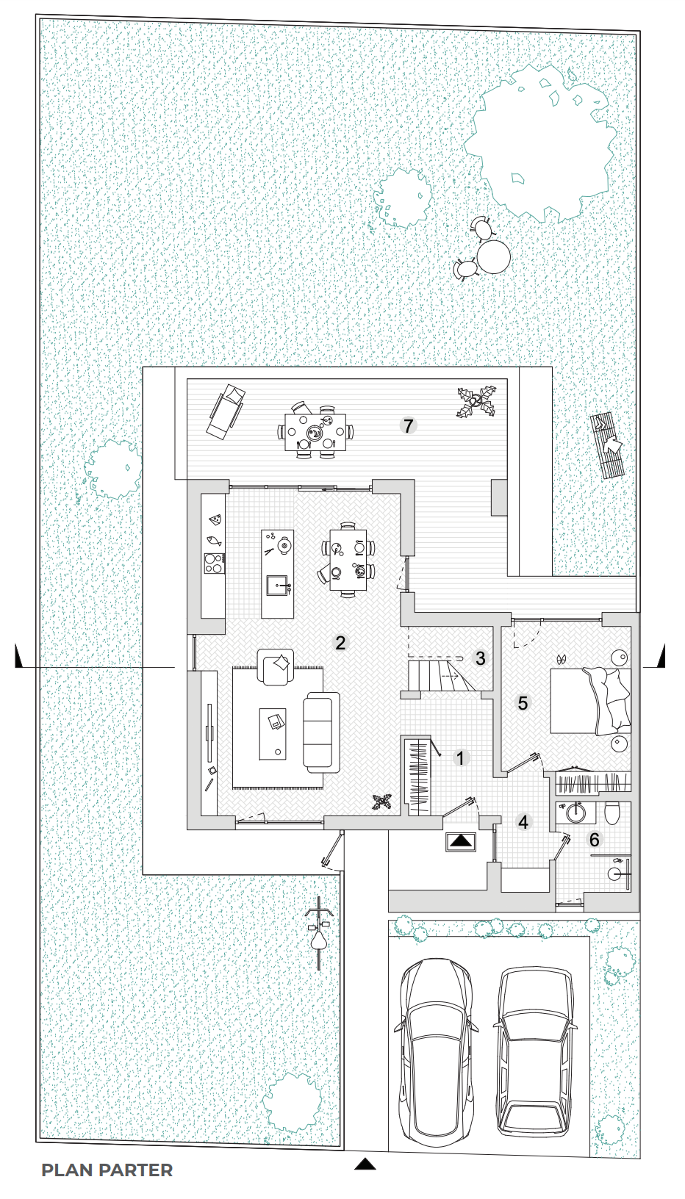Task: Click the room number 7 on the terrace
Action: click(x=409, y=426)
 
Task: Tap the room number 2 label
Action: click(x=340, y=643)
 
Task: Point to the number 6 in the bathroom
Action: click(x=594, y=839)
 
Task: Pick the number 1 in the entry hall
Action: click(x=460, y=758)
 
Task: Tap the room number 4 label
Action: click(x=523, y=821)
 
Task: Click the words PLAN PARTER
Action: click(x=107, y=1170)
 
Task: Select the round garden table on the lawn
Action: click(x=493, y=256)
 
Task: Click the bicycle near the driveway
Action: click(x=319, y=934)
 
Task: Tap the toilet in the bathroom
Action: click(x=612, y=813)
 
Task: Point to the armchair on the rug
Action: click(x=276, y=666)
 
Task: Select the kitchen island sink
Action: click(x=277, y=586)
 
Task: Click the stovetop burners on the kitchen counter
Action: click(x=214, y=563)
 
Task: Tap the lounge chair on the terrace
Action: click(x=226, y=411)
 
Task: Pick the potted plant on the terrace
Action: click(x=476, y=400)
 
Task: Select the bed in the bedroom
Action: click(x=590, y=701)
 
